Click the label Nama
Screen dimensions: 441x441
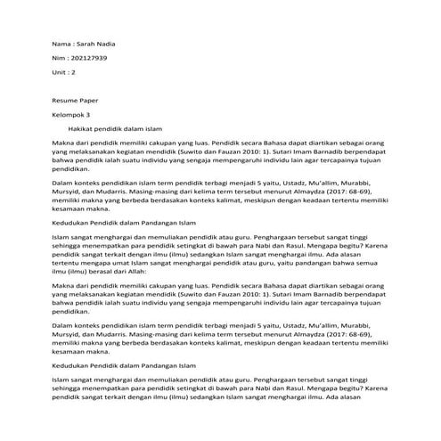pos(61,44)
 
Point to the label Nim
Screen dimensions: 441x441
pos(59,57)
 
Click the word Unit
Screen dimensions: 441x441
pos(60,70)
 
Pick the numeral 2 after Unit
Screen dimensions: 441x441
pos(74,70)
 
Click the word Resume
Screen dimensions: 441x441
pos(65,102)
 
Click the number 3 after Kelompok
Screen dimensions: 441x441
pos(89,116)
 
